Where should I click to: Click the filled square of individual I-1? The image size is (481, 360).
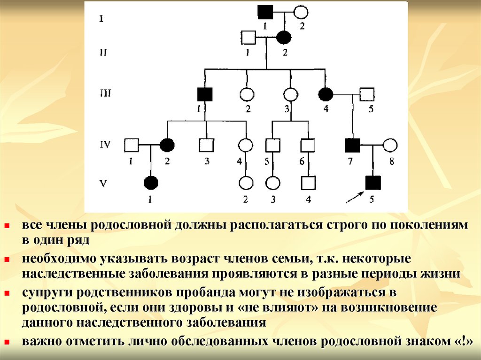pos(265,11)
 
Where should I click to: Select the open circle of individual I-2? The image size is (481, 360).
pos(301,12)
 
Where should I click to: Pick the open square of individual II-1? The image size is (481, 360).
pos(248,37)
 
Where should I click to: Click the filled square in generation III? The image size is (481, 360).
pos(205,94)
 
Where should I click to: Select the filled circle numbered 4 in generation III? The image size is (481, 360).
pos(326,94)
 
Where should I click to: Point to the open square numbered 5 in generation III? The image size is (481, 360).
pos(367,94)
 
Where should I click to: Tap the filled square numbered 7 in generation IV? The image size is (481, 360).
pos(352,146)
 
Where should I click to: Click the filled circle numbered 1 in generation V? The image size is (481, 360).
pos(150,182)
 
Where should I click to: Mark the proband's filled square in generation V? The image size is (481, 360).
pos(372,182)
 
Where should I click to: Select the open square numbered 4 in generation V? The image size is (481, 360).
pos(308,182)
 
